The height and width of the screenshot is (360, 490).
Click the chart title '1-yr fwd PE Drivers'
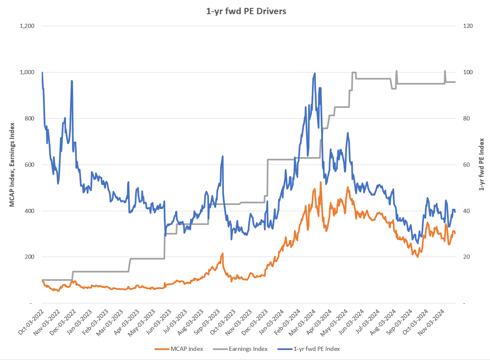(246, 11)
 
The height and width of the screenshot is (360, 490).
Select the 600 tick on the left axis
(29, 165)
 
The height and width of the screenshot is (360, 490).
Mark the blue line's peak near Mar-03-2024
(314, 73)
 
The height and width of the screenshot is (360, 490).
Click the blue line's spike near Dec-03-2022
(72, 81)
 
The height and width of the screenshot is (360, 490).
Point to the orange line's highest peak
(321, 182)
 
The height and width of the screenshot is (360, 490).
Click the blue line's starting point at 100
(42, 72)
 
